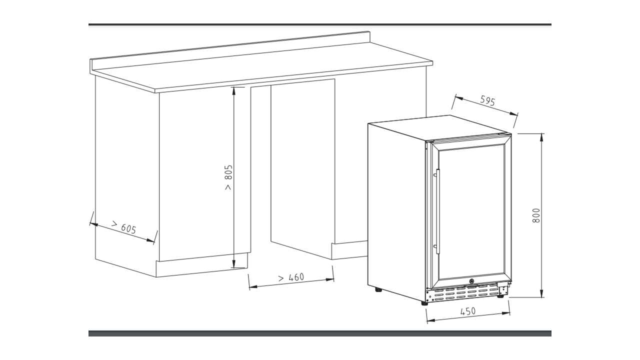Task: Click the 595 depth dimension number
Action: click(x=487, y=101)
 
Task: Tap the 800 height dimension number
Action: click(x=536, y=215)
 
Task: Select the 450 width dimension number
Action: click(x=467, y=311)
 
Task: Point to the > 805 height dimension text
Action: click(x=228, y=177)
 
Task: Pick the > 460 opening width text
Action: click(x=291, y=277)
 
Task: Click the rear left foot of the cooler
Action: click(x=378, y=289)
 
